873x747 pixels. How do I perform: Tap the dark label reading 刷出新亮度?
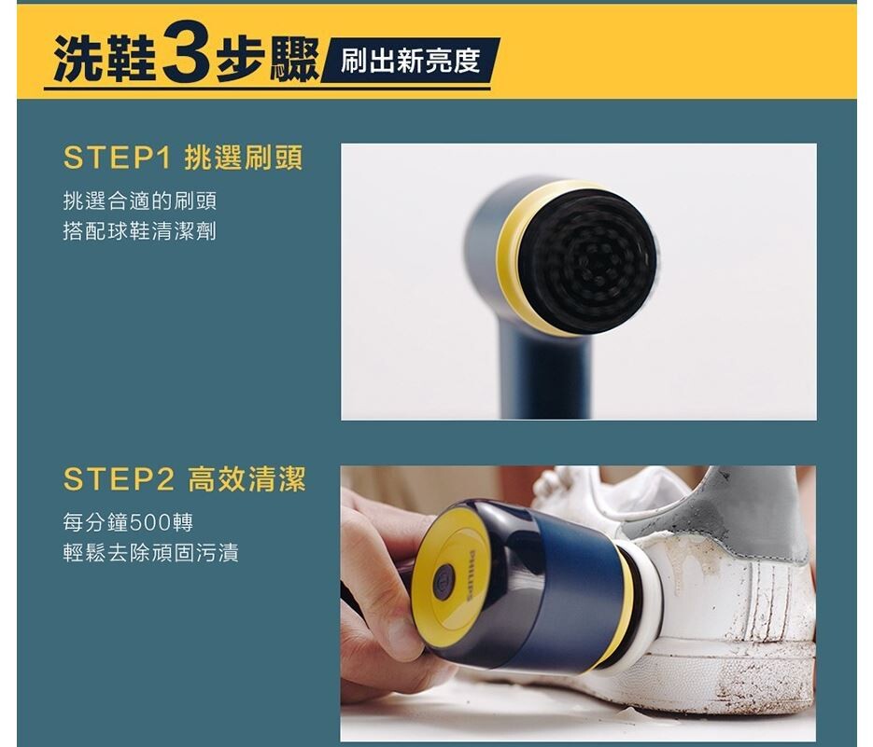pos(410,60)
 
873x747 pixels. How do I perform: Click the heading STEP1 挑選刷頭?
pos(183,158)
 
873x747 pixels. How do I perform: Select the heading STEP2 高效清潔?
pos(185,479)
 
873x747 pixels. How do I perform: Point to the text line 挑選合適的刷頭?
pos(140,201)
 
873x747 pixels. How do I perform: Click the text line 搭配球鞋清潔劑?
pos(140,231)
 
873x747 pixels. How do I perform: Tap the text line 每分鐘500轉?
pos(128,521)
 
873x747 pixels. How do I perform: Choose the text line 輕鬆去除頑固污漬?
pos(151,552)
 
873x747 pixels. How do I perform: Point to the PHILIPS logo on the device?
pos(472,575)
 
